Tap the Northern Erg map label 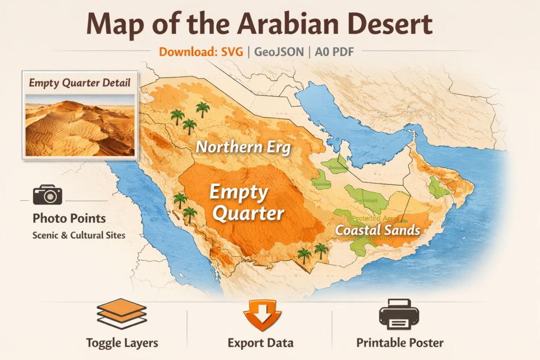pos(243,147)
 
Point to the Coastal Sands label pos(378,230)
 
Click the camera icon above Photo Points pos(47,194)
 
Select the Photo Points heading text pos(69,218)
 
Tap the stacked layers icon pos(122,314)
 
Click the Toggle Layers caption pos(122,343)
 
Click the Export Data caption pos(261,343)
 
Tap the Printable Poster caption pos(400,343)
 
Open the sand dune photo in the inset pos(80,125)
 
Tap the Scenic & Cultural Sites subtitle pos(79,235)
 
